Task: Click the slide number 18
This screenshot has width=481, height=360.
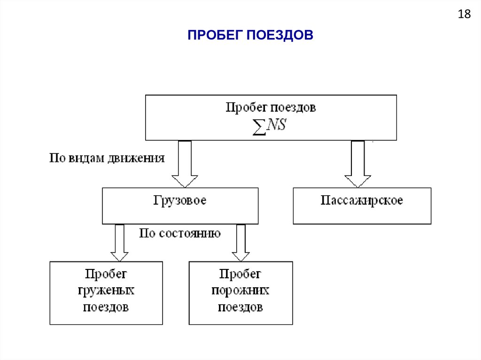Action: [464, 15]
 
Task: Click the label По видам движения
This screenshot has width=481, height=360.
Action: [107, 158]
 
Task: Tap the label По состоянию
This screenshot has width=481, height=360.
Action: [180, 233]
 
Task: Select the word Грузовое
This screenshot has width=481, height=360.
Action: [180, 200]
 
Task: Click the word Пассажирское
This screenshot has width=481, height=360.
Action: [362, 200]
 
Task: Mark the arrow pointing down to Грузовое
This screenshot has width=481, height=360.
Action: [185, 164]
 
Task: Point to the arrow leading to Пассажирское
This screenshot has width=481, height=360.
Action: [358, 164]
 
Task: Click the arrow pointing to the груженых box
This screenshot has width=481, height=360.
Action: [119, 243]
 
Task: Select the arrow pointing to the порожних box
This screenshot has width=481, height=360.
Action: [241, 243]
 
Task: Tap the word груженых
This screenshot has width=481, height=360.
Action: [106, 291]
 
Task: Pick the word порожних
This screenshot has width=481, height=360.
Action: [240, 291]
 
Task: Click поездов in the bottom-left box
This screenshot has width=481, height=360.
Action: [106, 307]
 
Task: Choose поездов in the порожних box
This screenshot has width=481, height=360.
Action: [240, 307]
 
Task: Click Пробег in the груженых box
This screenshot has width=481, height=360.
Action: [106, 274]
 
